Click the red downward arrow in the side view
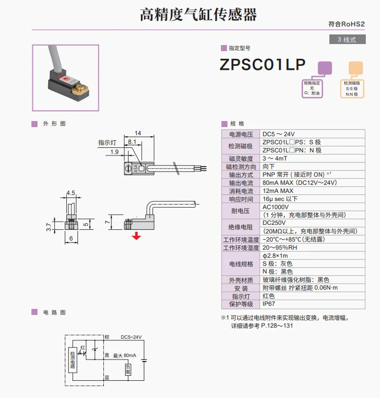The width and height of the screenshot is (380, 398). [136, 236]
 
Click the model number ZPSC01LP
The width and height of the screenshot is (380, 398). [262, 64]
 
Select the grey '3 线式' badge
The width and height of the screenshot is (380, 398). [347, 39]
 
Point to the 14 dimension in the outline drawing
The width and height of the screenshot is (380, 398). [138, 133]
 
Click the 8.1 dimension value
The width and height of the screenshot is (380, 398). [132, 142]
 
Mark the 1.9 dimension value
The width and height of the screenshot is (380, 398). [115, 152]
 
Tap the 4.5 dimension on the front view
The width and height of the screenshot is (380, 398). [70, 193]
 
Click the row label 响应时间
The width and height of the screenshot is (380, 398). [241, 199]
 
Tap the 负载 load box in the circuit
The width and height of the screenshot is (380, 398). [128, 370]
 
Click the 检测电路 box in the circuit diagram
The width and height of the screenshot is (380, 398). [72, 360]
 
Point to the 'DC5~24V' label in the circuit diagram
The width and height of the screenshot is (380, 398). [131, 337]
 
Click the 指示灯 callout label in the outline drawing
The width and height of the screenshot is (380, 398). [107, 143]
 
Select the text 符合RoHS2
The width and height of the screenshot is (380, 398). [347, 24]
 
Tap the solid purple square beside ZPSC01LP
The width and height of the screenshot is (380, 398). [325, 68]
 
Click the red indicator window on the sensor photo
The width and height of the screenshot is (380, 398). [66, 79]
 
